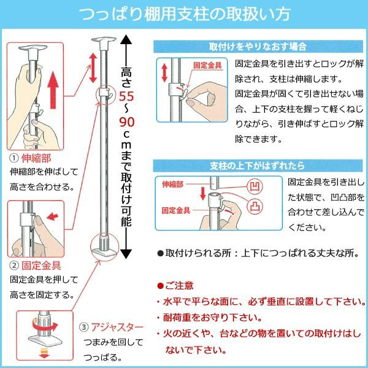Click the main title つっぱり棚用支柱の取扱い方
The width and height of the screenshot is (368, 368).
pyautogui.click(x=185, y=14)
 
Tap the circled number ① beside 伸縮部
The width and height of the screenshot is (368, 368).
pyautogui.click(x=14, y=158)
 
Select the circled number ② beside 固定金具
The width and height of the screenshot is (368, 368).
pyautogui.click(x=14, y=266)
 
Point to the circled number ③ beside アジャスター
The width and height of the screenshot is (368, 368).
pyautogui.click(x=83, y=327)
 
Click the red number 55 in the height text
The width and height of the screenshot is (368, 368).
pyautogui.click(x=126, y=96)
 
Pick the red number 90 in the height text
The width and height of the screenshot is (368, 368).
pyautogui.click(x=127, y=122)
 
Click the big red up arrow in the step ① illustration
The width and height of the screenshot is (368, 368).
pyautogui.click(x=53, y=90)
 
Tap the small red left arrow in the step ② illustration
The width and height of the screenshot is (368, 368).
pyautogui.click(x=52, y=217)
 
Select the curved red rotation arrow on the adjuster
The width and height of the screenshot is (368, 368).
pyautogui.click(x=45, y=324)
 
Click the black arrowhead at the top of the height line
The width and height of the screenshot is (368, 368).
pyautogui.click(x=126, y=39)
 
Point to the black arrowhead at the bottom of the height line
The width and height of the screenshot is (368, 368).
pyautogui.click(x=126, y=254)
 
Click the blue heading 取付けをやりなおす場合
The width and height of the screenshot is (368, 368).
pyautogui.click(x=258, y=47)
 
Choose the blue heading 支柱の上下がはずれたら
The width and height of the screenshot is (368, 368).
pyautogui.click(x=257, y=166)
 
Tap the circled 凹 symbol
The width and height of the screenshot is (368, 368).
pyautogui.click(x=255, y=187)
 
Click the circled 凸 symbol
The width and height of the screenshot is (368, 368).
pyautogui.click(x=255, y=206)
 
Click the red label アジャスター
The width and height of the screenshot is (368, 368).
pyautogui.click(x=117, y=327)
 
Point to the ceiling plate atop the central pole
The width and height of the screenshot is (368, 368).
pyautogui.click(x=104, y=40)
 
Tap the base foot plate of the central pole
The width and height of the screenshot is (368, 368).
pyautogui.click(x=104, y=252)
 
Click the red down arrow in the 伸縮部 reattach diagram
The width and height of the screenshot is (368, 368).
pyautogui.click(x=203, y=194)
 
